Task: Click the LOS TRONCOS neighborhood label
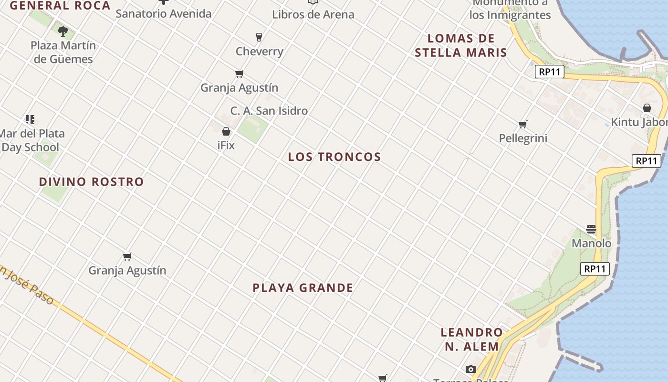tap(334, 157)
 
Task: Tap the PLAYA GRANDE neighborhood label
tap(303, 287)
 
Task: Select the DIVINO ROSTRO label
tap(91, 181)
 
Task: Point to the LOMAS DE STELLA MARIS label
tap(460, 45)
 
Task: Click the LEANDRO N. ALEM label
tap(472, 339)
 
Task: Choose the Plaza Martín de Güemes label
tap(63, 52)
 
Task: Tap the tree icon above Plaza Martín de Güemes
tap(63, 32)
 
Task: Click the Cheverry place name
tap(260, 51)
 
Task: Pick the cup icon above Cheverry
tap(259, 37)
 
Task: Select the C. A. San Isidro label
tap(269, 111)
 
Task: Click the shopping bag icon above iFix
tap(226, 131)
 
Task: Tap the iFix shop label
tap(226, 145)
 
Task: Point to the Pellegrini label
tap(523, 138)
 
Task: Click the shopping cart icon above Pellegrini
tap(523, 125)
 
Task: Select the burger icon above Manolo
tap(591, 229)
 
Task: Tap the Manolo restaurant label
tap(591, 243)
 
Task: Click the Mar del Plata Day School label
tap(31, 140)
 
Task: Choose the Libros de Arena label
tap(313, 14)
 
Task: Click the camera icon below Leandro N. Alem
tap(471, 369)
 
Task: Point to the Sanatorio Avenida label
tap(164, 13)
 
